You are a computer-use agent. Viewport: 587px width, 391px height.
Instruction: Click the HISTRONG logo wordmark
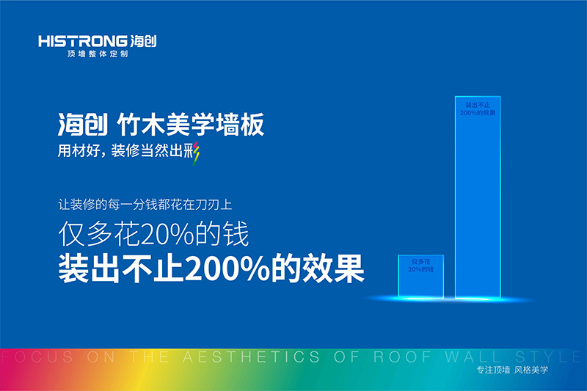click(81, 41)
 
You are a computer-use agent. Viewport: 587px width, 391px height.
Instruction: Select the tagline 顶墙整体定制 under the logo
click(98, 55)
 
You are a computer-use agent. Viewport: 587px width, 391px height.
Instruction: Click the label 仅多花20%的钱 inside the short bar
click(420, 266)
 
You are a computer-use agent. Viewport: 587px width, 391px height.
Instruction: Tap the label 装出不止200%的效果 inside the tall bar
click(478, 111)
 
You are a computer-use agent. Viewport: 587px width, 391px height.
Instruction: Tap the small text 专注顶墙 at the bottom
click(491, 370)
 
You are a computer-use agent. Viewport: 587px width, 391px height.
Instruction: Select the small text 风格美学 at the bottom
click(531, 370)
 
